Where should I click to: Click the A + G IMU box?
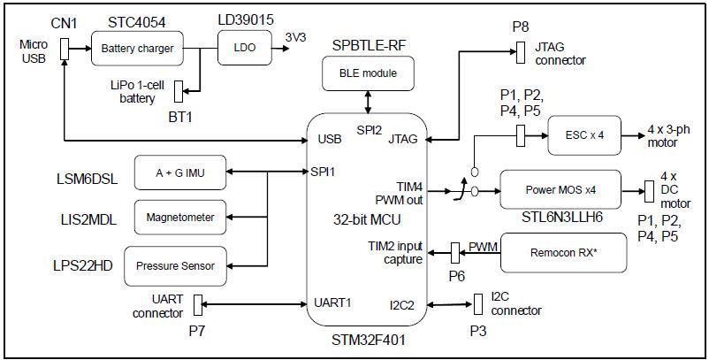pos(179,172)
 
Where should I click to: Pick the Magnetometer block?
pos(179,216)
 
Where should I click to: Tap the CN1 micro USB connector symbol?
pos(65,50)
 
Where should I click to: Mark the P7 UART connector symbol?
pos(199,303)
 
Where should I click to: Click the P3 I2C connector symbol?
pos(470,304)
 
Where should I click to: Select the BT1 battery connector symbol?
pos(178,90)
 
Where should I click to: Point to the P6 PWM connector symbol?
pos(456,253)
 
